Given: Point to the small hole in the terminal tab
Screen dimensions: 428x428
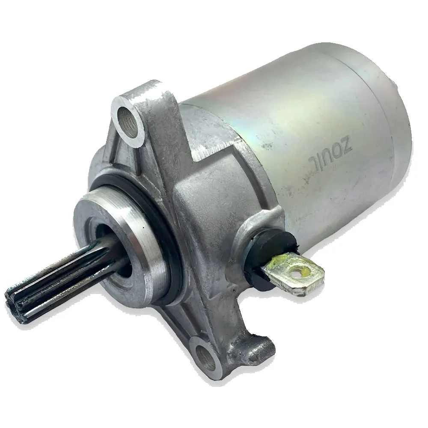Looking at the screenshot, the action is pos(296,270).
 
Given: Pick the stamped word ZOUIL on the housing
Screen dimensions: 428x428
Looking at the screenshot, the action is pos(330,153).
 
